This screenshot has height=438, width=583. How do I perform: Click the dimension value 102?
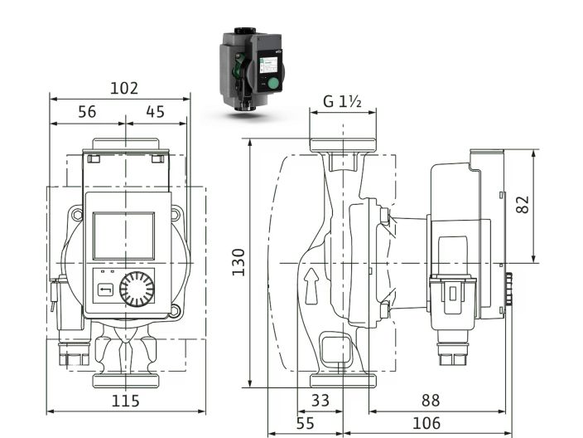123,87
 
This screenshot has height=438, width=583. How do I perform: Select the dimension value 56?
87,112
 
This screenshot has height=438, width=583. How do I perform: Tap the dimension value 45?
155,112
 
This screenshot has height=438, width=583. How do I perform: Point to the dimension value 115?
125,401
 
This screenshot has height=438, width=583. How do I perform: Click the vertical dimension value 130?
238,263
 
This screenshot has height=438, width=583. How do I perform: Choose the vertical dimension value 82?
523,205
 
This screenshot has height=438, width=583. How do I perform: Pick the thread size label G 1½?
342,103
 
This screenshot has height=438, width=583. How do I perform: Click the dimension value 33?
320,401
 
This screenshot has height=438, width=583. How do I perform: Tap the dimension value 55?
305,423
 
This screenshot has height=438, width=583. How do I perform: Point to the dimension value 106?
427,423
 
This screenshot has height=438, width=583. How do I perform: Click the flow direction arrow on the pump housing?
311,284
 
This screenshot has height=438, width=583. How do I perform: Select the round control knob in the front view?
136,289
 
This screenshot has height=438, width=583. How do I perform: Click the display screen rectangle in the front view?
123,235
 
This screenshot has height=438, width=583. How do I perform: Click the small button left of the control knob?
105,290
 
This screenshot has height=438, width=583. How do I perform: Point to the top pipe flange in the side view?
342,145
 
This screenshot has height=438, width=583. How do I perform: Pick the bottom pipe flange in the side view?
342,380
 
